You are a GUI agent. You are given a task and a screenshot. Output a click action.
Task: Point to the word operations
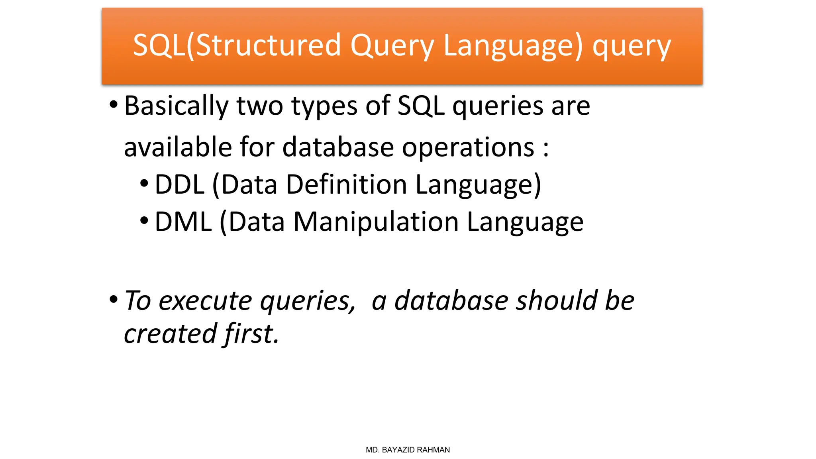pyautogui.click(x=468, y=147)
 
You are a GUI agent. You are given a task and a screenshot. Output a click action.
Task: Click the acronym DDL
pyautogui.click(x=179, y=185)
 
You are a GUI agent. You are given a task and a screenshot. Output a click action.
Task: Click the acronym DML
pyautogui.click(x=183, y=222)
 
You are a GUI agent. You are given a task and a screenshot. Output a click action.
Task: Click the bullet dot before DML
pyautogui.click(x=144, y=221)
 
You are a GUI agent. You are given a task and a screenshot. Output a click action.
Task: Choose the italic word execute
pyautogui.click(x=205, y=301)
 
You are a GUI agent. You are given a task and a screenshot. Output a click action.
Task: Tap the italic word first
pyautogui.click(x=251, y=334)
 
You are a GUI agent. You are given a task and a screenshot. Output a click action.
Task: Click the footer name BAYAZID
pyautogui.click(x=398, y=450)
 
